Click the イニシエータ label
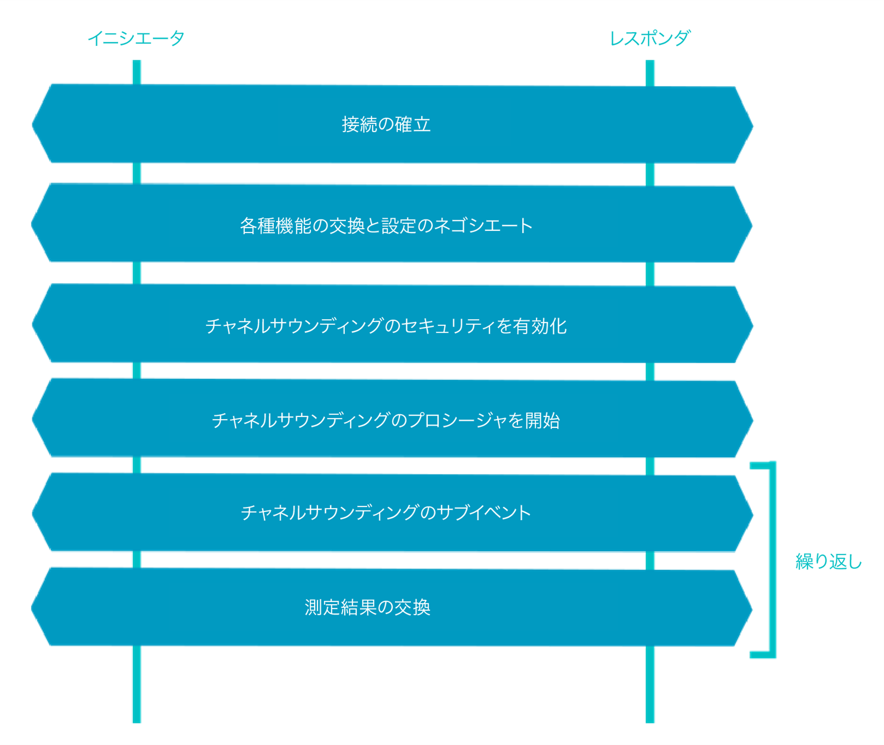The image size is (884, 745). (x=136, y=38)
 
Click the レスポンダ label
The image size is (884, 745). (x=650, y=38)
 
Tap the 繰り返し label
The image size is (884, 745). (x=828, y=562)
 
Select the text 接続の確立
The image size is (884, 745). (x=386, y=124)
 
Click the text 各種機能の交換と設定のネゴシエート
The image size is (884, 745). (x=386, y=225)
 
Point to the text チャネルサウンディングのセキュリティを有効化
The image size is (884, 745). (x=386, y=326)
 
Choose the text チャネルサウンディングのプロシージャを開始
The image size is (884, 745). (x=386, y=420)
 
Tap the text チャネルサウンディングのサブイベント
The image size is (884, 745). (x=386, y=512)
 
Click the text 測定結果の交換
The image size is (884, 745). (x=368, y=607)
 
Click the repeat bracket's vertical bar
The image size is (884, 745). (x=772, y=559)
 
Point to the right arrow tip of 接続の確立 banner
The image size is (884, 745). (x=752, y=126)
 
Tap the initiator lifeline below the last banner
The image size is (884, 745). (x=137, y=684)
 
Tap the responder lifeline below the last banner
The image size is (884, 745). (x=650, y=684)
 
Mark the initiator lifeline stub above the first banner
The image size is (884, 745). (x=137, y=72)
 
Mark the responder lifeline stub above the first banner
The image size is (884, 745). (x=650, y=73)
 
